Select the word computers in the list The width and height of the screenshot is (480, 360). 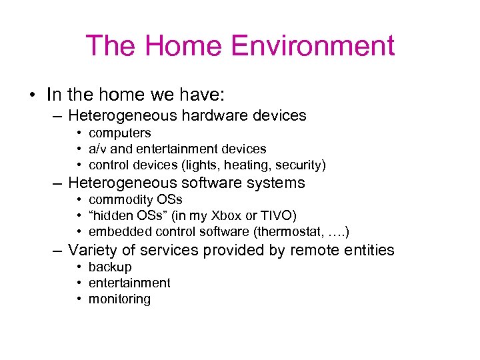tap(120, 133)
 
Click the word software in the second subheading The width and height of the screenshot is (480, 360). tap(212, 183)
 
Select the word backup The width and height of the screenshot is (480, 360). tap(110, 267)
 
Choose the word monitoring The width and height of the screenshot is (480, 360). tap(120, 299)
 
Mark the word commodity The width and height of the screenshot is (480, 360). tap(120, 200)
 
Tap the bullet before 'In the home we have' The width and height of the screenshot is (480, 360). tap(32, 94)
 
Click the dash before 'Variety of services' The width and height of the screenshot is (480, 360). tap(58, 251)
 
